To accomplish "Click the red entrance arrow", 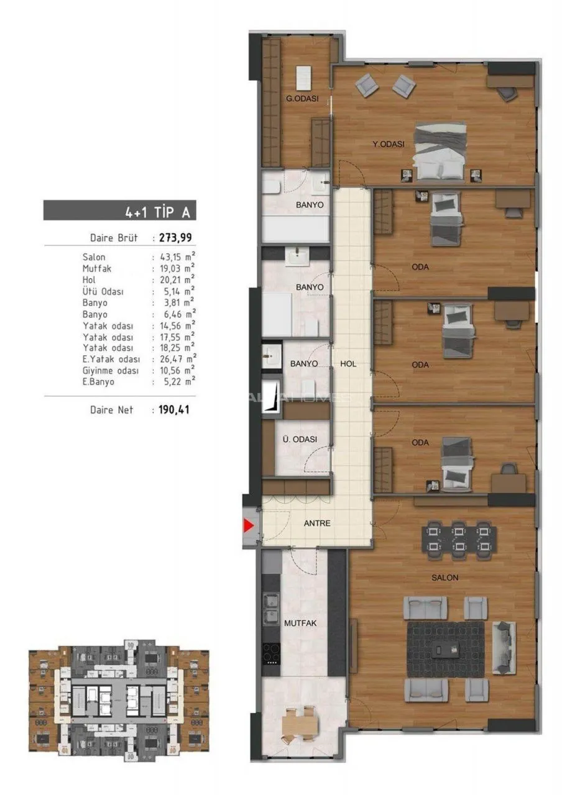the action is coord(248,525).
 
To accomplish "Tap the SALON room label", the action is coord(445,578).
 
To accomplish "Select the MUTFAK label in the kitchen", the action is coord(300,623).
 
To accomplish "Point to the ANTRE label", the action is coord(317,523).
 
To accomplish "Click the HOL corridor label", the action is coord(348,364).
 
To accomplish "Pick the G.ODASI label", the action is coord(302,99).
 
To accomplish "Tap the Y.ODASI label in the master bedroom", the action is coord(389,144).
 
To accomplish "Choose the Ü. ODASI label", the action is coord(300,439).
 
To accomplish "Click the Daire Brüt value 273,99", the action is coord(175,237).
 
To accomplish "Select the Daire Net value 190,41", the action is coord(174,410).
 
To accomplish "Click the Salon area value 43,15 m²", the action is coord(177,257).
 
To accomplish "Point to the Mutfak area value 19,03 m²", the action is coord(177,268).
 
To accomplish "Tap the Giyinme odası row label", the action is coord(111,371).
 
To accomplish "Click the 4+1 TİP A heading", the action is coord(157,212).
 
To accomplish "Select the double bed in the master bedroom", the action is coord(441,152).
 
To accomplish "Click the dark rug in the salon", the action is coord(446,650).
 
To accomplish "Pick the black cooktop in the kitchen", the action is coord(271,653).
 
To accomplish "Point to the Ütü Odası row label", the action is coord(103,291).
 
